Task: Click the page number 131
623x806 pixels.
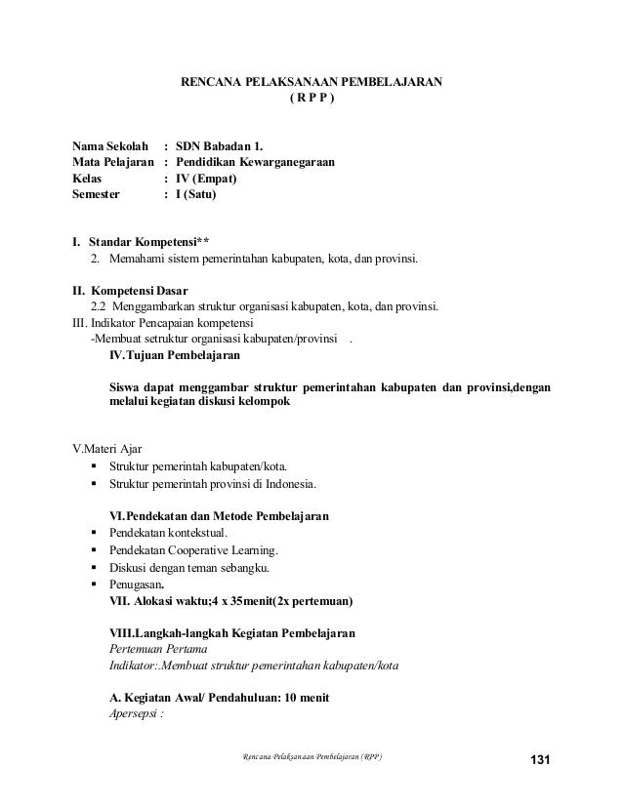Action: pyautogui.click(x=541, y=760)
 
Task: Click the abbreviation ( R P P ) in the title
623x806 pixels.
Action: pyautogui.click(x=311, y=99)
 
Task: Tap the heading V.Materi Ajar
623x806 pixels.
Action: pyautogui.click(x=102, y=449)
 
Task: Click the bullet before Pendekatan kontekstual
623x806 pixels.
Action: pyautogui.click(x=93, y=533)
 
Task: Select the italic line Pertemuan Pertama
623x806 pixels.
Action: pyautogui.click(x=158, y=649)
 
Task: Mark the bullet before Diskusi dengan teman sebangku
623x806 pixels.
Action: pyautogui.click(x=93, y=567)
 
